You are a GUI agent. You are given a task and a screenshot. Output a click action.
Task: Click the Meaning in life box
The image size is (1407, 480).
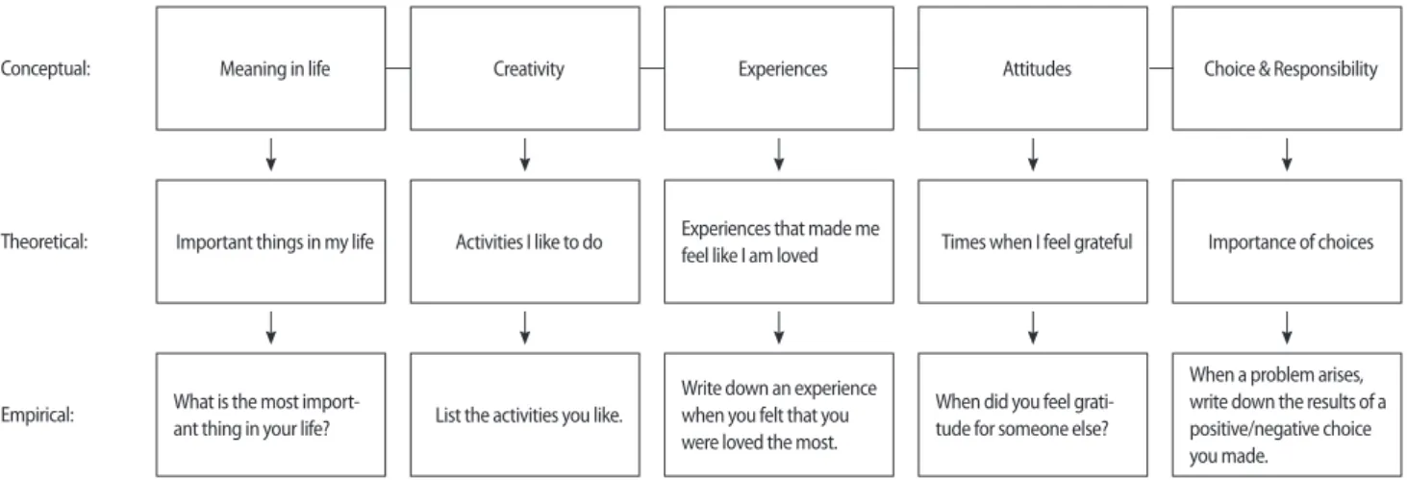click(x=270, y=68)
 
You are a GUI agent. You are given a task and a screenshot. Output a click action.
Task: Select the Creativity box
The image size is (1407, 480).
click(x=525, y=68)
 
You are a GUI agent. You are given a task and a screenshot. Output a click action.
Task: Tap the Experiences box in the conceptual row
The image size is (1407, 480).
click(x=779, y=68)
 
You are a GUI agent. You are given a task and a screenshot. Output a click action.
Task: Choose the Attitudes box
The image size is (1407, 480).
click(x=1033, y=68)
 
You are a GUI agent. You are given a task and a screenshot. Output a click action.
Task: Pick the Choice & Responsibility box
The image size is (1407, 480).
click(x=1287, y=68)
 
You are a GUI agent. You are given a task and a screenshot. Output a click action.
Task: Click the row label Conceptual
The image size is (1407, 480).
click(x=45, y=68)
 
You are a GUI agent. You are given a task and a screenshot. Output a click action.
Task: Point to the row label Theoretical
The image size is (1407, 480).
click(x=44, y=241)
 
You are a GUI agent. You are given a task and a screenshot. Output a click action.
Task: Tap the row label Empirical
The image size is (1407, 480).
click(x=38, y=416)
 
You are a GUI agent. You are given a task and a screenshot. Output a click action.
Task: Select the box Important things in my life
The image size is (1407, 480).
click(x=270, y=241)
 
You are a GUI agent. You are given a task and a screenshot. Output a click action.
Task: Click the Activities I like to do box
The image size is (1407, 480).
click(x=525, y=241)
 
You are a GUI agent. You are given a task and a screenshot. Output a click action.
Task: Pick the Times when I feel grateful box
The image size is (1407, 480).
click(x=1033, y=241)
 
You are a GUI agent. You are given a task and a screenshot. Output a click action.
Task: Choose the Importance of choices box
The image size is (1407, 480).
click(x=1287, y=241)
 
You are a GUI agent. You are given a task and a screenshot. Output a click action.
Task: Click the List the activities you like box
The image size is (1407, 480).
click(x=525, y=415)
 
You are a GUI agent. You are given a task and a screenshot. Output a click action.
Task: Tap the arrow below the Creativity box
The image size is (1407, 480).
click(x=525, y=155)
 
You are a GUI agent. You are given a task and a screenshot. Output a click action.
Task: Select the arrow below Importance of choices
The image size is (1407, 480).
click(x=1287, y=328)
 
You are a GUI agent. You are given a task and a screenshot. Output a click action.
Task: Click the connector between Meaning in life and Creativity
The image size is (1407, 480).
click(x=398, y=68)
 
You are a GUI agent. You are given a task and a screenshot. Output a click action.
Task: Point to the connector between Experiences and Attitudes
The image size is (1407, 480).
click(x=906, y=68)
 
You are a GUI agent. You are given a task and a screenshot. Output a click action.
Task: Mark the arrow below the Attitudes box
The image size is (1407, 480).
click(x=1033, y=155)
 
